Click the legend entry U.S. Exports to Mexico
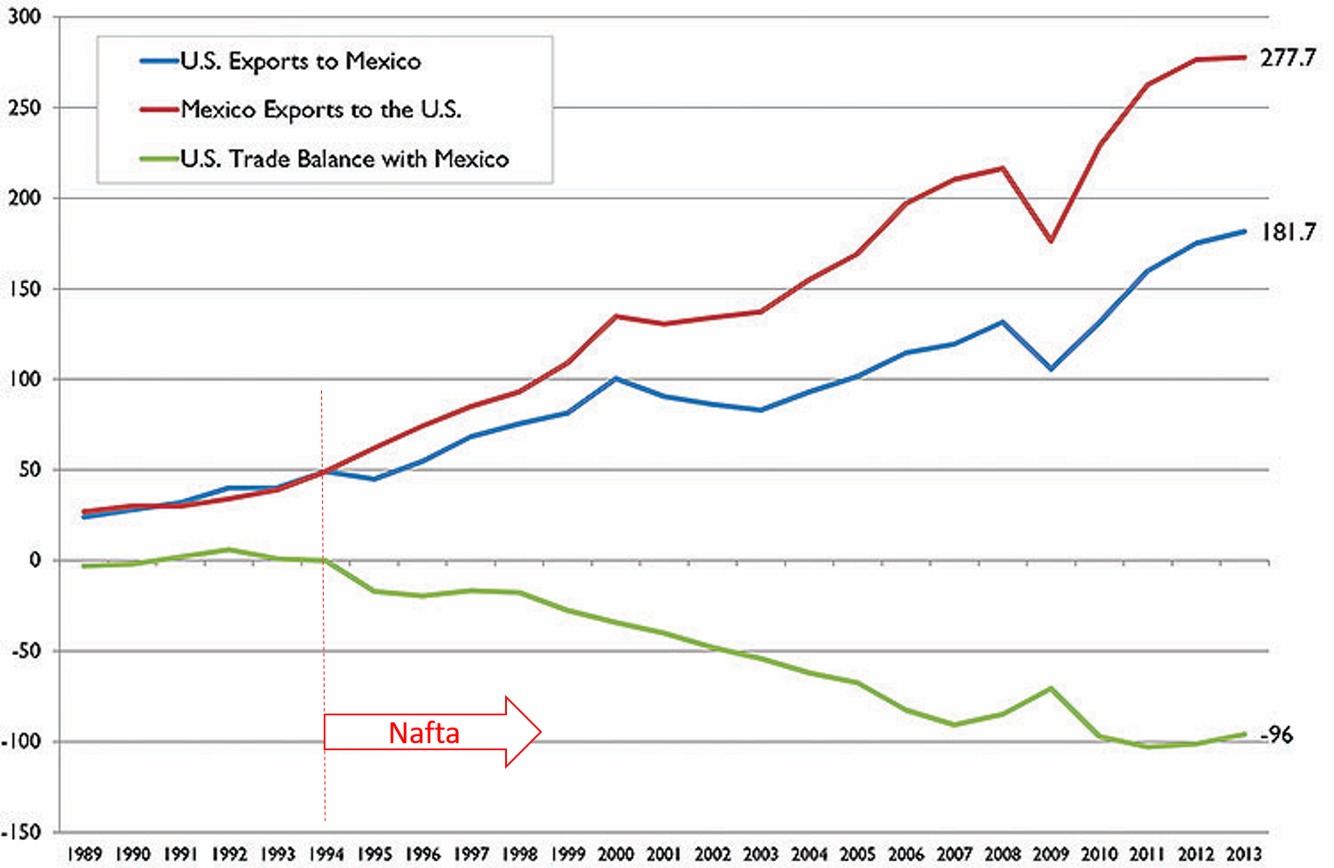click(x=300, y=61)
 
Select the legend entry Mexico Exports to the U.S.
click(x=321, y=110)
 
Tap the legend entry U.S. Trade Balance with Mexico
click(x=345, y=159)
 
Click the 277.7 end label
click(x=1287, y=58)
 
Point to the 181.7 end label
click(x=1287, y=232)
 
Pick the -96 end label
click(x=1277, y=735)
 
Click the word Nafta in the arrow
click(x=424, y=733)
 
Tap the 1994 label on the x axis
click(x=326, y=854)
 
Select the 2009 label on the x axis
click(x=1050, y=854)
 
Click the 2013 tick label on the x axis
click(x=1243, y=854)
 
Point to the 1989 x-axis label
click(x=85, y=854)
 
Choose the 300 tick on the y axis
click(x=24, y=17)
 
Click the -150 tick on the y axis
click(x=21, y=832)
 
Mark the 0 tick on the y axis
click(x=34, y=560)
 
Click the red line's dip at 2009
click(x=1051, y=242)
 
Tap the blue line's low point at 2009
click(x=1051, y=369)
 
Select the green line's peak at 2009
click(x=1051, y=688)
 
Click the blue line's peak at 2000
click(x=616, y=379)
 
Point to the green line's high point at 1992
click(x=229, y=550)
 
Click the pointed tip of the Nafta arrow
click(x=540, y=732)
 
